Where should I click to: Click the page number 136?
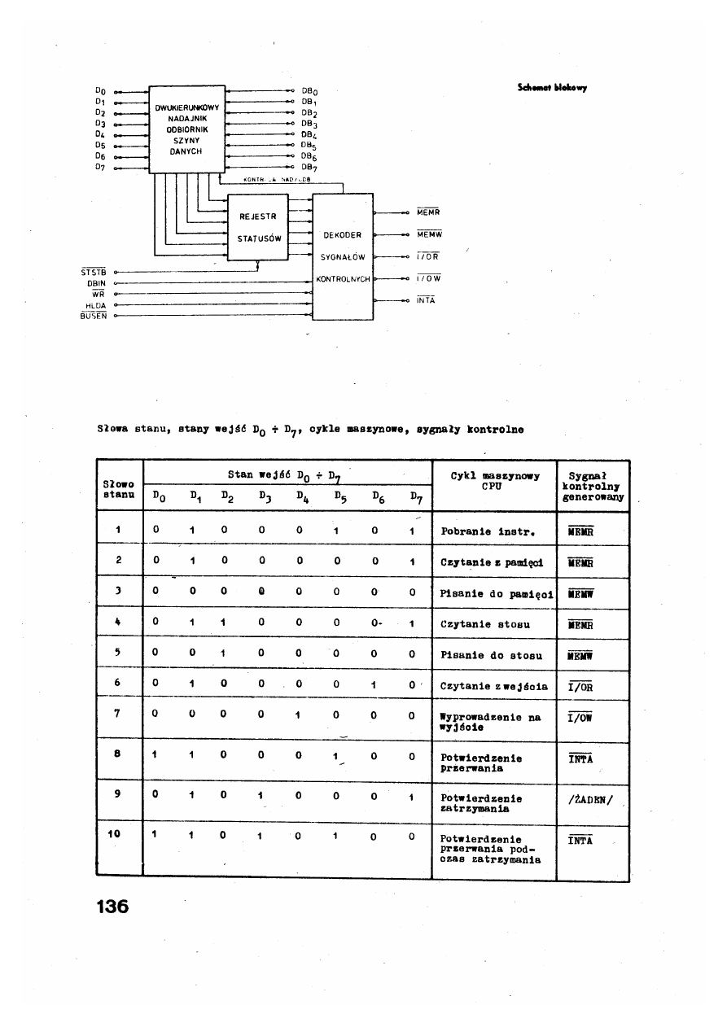112,905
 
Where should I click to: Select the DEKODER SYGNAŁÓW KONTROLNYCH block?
343,256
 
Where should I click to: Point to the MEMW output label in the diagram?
428,234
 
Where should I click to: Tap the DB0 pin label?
309,90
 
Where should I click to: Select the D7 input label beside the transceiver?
101,168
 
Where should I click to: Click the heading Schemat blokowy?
552,87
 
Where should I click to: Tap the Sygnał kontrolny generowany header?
592,487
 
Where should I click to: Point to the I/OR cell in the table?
580,686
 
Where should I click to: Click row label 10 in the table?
116,834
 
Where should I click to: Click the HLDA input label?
96,305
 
